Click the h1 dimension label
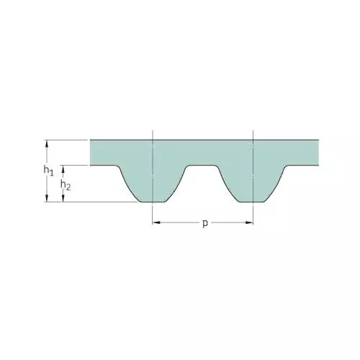coord(48,171)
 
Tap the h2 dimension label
coord(66,185)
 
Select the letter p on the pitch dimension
coord(205,223)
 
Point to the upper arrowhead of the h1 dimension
coord(47,143)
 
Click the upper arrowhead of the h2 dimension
coord(63,169)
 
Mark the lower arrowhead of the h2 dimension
coord(63,198)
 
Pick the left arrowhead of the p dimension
coord(156,222)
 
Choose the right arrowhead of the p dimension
coord(249,222)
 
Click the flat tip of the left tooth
coord(152,202)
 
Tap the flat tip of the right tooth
coord(253,202)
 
